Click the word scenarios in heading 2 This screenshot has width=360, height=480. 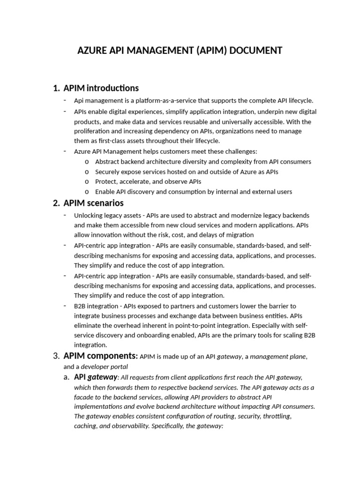[105, 203]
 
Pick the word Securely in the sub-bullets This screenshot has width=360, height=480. [107, 172]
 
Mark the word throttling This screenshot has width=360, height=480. [277, 416]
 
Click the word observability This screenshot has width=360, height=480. [123, 426]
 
